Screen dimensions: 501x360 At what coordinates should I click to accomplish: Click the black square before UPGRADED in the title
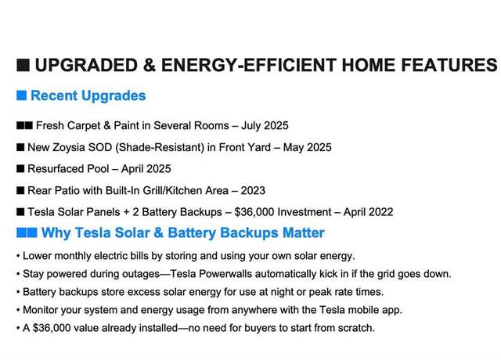(23, 65)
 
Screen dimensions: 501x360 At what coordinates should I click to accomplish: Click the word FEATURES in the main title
(449, 65)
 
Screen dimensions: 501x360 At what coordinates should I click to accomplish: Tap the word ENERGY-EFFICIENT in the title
(249, 65)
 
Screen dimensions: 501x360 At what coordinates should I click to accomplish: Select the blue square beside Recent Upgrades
(21, 95)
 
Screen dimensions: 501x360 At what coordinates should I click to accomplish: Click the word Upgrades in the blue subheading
(114, 95)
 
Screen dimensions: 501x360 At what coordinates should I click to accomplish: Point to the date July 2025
(265, 125)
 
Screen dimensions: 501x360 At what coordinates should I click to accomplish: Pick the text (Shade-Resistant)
(160, 147)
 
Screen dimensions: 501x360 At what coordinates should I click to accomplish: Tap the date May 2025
(308, 147)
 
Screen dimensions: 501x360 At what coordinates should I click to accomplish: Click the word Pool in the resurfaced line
(98, 169)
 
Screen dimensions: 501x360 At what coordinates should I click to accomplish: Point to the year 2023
(253, 190)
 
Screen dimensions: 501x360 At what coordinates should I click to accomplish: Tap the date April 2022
(369, 212)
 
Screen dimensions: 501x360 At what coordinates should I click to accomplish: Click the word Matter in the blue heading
(304, 232)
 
